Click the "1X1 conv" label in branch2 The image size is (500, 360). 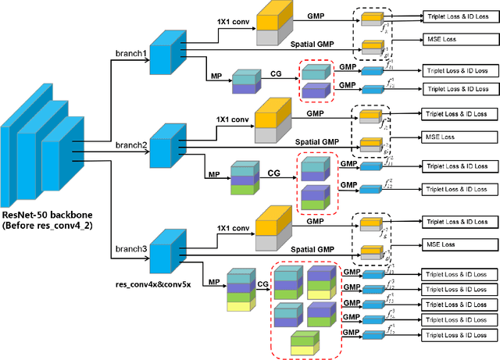pyautogui.click(x=232, y=119)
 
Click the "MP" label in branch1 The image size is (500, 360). pyautogui.click(x=216, y=76)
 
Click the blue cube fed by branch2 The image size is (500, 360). pyautogui.click(x=166, y=146)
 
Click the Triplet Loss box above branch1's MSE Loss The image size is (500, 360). pyautogui.click(x=456, y=16)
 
